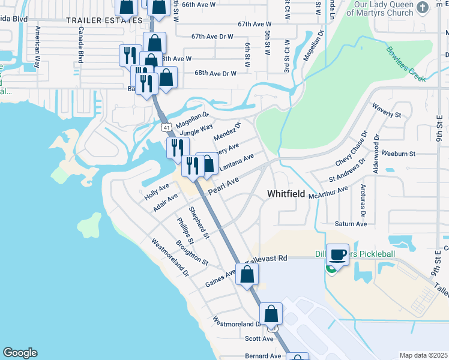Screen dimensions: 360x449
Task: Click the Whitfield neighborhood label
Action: (x=286, y=193)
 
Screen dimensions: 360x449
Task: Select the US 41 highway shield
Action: (x=166, y=128)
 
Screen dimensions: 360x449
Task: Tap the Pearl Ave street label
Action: (x=223, y=185)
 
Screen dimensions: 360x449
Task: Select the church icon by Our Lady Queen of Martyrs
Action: (x=422, y=7)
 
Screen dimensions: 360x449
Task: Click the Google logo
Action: (x=20, y=353)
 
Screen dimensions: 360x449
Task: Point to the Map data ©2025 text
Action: (x=423, y=355)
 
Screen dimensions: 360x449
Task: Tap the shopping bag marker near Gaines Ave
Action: (x=247, y=275)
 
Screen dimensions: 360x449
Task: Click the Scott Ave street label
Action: (x=259, y=338)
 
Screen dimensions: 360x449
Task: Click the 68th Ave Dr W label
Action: (x=215, y=73)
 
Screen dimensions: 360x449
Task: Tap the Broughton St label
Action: (x=191, y=253)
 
